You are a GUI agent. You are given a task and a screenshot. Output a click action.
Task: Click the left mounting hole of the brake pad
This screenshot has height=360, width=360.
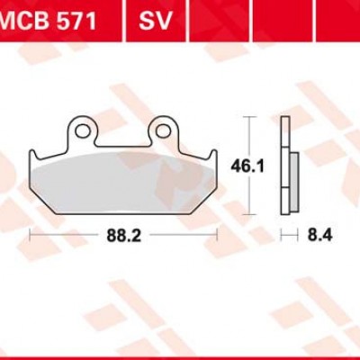click(x=83, y=131)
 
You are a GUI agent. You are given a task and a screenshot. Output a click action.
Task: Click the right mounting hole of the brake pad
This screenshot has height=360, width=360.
click(x=163, y=131)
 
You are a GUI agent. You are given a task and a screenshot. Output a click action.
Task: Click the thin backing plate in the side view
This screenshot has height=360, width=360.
click(x=285, y=162)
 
